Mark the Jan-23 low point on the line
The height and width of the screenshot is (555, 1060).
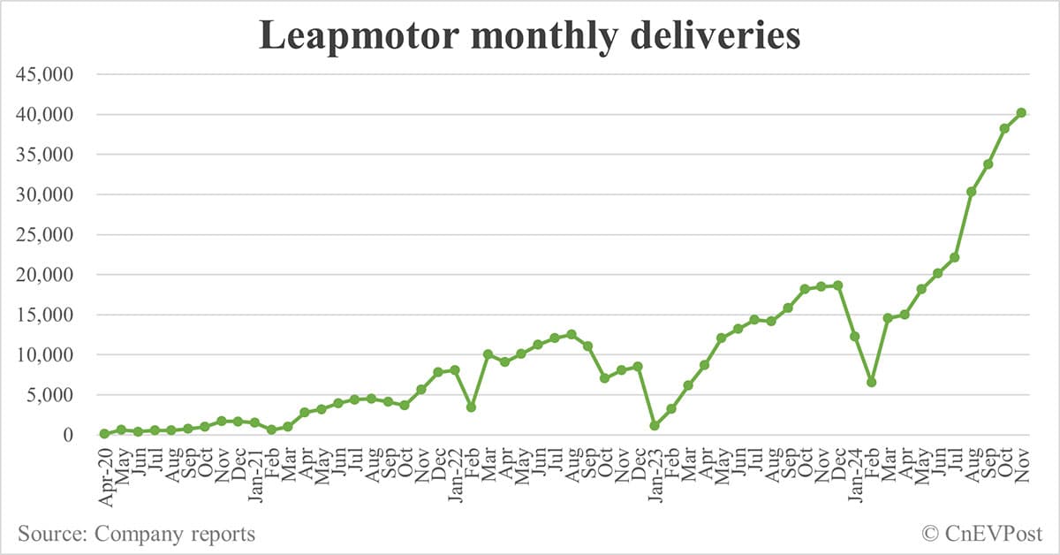(655, 426)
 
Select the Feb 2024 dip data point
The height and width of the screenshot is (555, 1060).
(871, 382)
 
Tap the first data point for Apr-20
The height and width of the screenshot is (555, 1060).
(104, 434)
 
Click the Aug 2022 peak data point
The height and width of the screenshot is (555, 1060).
(572, 334)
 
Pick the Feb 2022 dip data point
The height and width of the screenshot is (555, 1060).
(472, 407)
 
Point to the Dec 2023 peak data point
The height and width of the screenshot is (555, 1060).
(837, 285)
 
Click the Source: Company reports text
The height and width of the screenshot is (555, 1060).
(136, 534)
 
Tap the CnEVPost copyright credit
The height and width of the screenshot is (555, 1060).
(982, 534)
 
